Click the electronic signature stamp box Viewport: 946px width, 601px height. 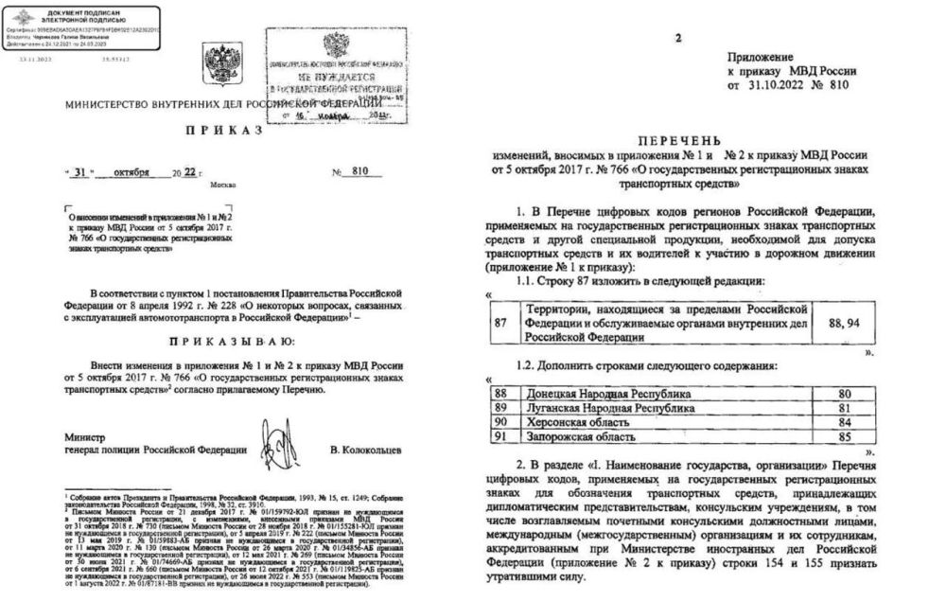coord(80,26)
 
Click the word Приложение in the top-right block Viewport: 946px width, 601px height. coord(761,58)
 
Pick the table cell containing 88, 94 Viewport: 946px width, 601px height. coord(843,323)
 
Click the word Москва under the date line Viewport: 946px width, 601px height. coord(223,186)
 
